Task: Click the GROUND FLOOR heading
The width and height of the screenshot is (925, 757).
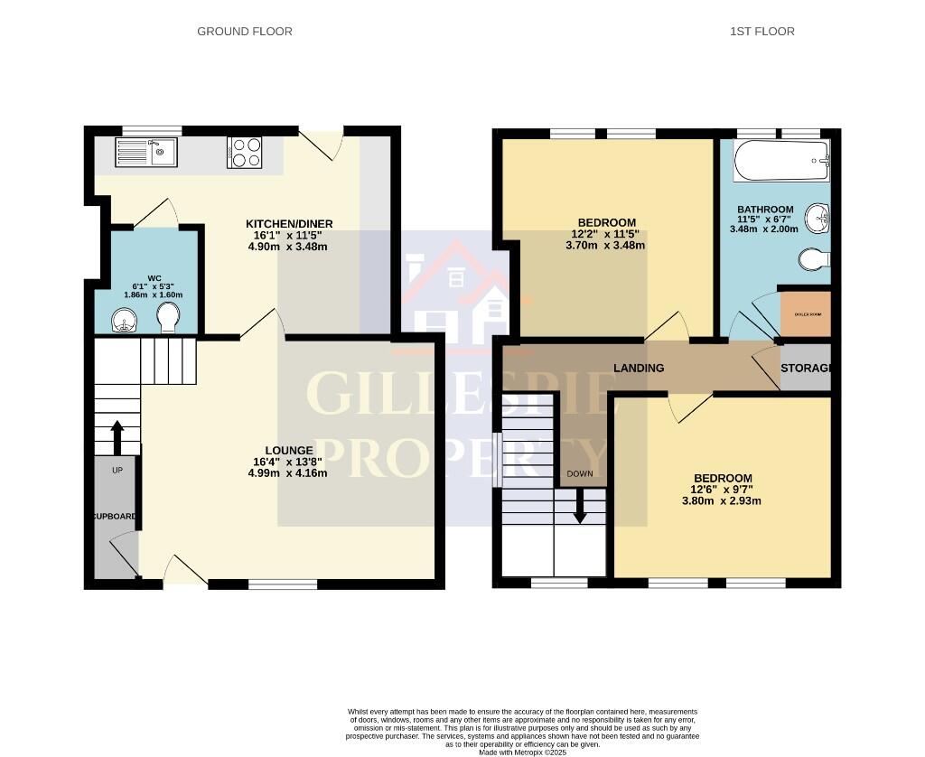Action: point(245,32)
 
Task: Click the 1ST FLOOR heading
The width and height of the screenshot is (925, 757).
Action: point(762,32)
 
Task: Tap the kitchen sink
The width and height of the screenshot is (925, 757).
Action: point(147,153)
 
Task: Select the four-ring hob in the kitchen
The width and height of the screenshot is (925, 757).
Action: point(244,153)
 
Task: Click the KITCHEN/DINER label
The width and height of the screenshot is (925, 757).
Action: point(289,224)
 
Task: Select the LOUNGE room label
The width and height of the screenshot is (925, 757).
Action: point(289,450)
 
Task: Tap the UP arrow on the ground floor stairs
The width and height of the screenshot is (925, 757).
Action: point(117,436)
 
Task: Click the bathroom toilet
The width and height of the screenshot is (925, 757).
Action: point(814,260)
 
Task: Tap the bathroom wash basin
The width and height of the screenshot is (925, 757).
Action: point(819,217)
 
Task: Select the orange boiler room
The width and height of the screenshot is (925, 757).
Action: point(804,313)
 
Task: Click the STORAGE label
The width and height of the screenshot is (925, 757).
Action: point(805,369)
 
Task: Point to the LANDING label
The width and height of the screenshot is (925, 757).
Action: point(639,369)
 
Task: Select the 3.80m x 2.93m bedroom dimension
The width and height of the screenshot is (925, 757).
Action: point(722,500)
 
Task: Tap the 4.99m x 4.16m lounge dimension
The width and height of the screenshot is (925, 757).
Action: point(289,472)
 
